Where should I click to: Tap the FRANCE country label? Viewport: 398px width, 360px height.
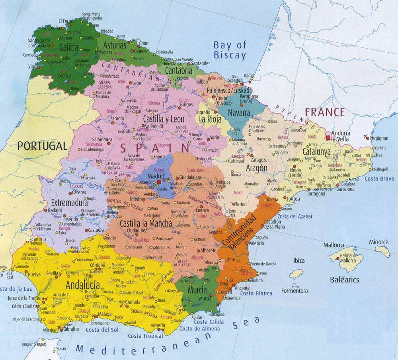(x=325, y=112)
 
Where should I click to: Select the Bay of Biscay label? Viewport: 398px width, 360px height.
(x=230, y=50)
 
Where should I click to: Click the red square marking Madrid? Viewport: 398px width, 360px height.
(x=159, y=182)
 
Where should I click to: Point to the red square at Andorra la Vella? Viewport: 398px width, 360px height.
(x=328, y=138)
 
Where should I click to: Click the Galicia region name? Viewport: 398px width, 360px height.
(x=68, y=48)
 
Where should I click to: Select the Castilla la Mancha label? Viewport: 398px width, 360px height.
(x=146, y=223)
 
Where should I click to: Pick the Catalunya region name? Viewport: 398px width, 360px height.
(x=316, y=152)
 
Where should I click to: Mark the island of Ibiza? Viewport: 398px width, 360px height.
(x=296, y=274)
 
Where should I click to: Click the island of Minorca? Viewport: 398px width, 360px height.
(x=382, y=251)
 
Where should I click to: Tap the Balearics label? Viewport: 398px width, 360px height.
(x=344, y=280)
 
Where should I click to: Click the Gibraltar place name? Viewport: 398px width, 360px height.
(x=72, y=329)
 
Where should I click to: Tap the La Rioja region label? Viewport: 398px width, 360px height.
(x=209, y=119)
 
